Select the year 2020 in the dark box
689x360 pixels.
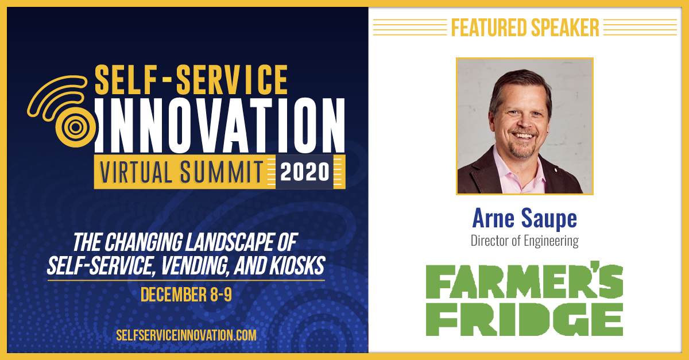coord(304,172)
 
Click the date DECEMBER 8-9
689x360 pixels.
coord(186,294)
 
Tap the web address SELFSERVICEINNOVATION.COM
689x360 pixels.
coord(186,335)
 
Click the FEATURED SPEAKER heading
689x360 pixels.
coord(525,27)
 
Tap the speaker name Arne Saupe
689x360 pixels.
coord(524,218)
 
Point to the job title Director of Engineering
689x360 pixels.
coord(524,241)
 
